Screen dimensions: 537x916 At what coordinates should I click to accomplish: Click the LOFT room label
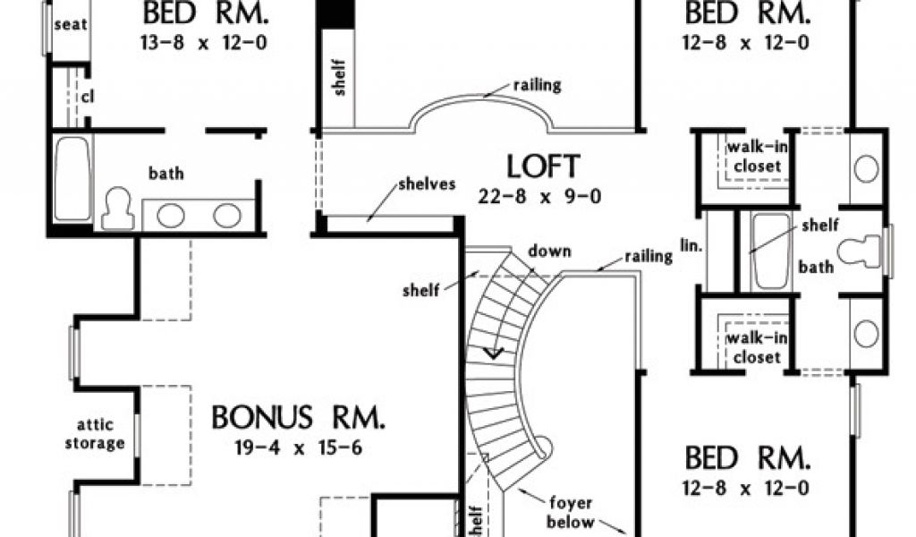[543, 166]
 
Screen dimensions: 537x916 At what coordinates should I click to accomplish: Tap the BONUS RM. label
[299, 417]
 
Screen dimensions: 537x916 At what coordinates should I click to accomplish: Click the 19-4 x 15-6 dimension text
[299, 447]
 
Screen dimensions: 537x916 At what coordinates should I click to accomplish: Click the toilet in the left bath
[117, 209]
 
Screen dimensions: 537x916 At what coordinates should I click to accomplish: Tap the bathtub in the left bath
[72, 178]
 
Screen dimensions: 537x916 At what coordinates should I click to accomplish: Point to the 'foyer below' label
[572, 511]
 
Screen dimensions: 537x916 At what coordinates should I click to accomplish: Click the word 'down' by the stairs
[549, 251]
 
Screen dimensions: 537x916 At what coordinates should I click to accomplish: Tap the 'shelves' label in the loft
[427, 184]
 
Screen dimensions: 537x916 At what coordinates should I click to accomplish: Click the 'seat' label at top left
[70, 24]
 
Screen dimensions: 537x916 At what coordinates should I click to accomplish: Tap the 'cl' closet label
[88, 96]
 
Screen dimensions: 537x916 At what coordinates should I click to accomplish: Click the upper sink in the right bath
[866, 168]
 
